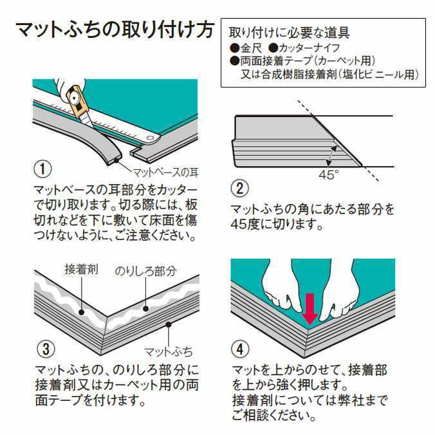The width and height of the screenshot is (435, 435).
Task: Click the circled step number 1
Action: (x=42, y=170)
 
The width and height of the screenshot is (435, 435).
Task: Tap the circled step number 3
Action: (x=42, y=349)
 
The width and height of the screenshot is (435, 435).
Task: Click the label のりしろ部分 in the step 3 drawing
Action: (x=145, y=271)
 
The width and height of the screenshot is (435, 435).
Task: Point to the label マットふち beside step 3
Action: (x=168, y=351)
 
